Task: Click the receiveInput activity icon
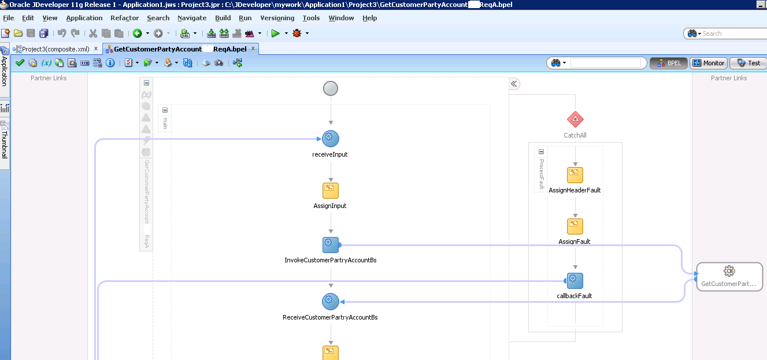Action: pyautogui.click(x=330, y=139)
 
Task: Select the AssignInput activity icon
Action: pyautogui.click(x=330, y=191)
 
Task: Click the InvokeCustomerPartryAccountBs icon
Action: pyautogui.click(x=330, y=244)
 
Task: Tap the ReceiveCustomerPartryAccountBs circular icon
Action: pyautogui.click(x=330, y=302)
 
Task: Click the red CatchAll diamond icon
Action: pyautogui.click(x=575, y=120)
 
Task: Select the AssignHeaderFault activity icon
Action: pyautogui.click(x=575, y=175)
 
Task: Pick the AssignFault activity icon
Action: pyautogui.click(x=575, y=227)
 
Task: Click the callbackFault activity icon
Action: pyautogui.click(x=575, y=281)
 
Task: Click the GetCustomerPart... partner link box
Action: pyautogui.click(x=729, y=276)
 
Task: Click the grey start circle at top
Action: pyautogui.click(x=330, y=88)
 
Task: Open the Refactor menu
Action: pyautogui.click(x=124, y=18)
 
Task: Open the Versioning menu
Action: pyautogui.click(x=277, y=18)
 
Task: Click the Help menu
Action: pyautogui.click(x=369, y=18)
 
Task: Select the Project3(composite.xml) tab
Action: pyautogui.click(x=55, y=49)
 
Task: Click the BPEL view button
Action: pyautogui.click(x=668, y=63)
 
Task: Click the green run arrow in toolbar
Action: pyautogui.click(x=276, y=34)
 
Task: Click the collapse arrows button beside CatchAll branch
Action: pyautogui.click(x=514, y=84)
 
